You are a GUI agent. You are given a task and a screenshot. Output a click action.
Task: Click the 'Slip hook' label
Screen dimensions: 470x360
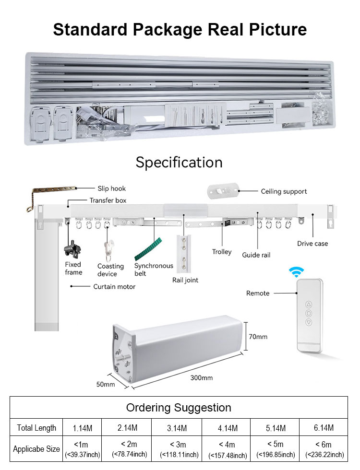112,188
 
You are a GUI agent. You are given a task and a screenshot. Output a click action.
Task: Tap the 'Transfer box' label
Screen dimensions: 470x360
108,200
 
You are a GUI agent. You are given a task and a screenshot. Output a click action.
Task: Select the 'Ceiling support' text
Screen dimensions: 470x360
284,191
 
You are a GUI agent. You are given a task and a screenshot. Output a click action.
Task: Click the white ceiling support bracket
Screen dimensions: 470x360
223,190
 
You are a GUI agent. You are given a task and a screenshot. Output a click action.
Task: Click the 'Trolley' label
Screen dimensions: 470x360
222,252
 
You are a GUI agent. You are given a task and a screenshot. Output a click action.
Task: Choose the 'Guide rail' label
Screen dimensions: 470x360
256,255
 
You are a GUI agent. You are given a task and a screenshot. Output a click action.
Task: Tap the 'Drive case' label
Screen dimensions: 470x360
312,244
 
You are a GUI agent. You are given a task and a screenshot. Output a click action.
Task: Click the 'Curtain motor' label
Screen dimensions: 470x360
114,286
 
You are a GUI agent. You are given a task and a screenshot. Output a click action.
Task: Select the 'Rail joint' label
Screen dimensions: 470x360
185,280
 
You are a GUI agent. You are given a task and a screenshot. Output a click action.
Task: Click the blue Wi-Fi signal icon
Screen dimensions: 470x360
296,272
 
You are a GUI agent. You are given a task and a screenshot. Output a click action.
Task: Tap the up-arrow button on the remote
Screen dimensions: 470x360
309,304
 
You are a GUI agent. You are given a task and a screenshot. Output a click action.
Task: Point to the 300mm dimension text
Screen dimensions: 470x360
201,377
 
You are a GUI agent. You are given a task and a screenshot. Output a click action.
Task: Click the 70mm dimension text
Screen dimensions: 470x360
258,337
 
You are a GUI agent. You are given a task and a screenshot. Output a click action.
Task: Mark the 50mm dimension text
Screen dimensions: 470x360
106,384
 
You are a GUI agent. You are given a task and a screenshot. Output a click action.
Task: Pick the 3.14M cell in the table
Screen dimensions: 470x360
177,428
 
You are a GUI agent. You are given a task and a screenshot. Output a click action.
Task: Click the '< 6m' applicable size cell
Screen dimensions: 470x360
324,448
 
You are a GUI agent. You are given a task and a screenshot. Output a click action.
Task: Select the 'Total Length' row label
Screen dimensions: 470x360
36,428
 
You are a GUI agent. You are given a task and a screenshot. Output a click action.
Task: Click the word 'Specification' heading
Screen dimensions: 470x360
179,162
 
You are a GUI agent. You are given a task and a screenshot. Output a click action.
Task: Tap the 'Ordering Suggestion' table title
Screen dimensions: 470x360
179,408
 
